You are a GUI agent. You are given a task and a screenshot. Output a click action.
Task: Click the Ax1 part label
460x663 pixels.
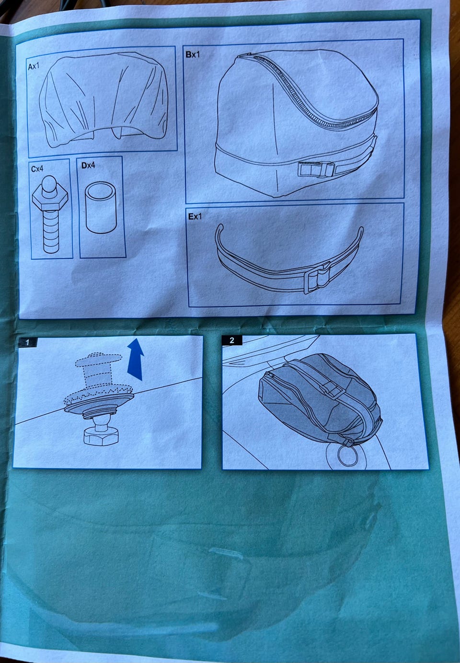pyautogui.click(x=34, y=66)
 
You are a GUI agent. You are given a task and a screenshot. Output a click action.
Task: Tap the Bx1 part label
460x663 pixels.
pyautogui.click(x=193, y=55)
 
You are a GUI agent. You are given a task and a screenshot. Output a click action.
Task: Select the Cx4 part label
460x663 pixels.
pyautogui.click(x=37, y=169)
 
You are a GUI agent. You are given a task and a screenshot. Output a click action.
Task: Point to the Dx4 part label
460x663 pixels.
pyautogui.click(x=88, y=165)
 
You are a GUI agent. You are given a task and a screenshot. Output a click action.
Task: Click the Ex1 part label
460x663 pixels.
pyautogui.click(x=195, y=216)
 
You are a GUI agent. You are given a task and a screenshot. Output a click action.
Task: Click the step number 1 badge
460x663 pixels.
pyautogui.click(x=27, y=342)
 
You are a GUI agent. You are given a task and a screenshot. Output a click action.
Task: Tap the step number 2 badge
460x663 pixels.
pyautogui.click(x=231, y=340)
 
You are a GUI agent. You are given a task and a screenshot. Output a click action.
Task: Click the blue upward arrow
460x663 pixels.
pyautogui.click(x=136, y=360)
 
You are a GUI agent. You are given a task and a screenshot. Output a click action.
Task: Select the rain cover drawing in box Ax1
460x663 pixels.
pyautogui.click(x=103, y=99)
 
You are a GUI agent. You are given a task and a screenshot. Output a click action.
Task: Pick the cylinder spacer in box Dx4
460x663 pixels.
pyautogui.click(x=101, y=208)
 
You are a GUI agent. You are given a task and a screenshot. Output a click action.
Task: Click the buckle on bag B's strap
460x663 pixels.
pyautogui.click(x=316, y=170)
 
